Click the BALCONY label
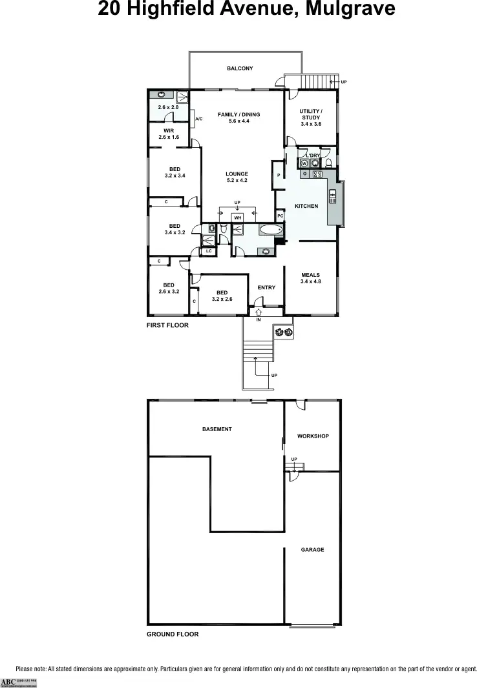tap(239, 68)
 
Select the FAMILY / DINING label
tap(238, 115)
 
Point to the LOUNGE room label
tap(237, 174)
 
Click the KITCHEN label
tap(306, 206)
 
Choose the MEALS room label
tap(311, 276)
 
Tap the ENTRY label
tap(266, 288)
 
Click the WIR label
tap(169, 131)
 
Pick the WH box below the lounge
tap(237, 218)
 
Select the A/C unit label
tap(199, 119)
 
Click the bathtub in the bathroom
tap(270, 229)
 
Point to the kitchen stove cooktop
tap(317, 174)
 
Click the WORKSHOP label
tap(313, 436)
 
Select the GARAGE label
tap(312, 550)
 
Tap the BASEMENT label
tap(217, 429)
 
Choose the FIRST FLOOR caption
tap(167, 325)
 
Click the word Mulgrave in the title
tap(341, 10)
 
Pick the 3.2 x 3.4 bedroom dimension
tap(175, 176)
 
